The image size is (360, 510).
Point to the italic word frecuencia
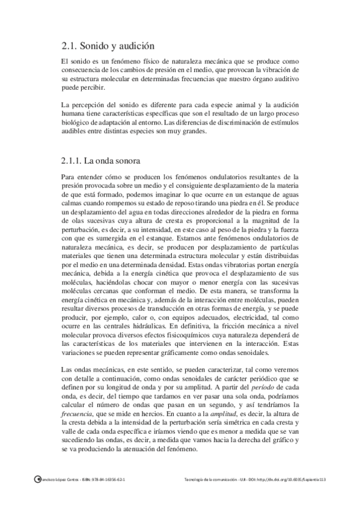(x=78, y=415)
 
